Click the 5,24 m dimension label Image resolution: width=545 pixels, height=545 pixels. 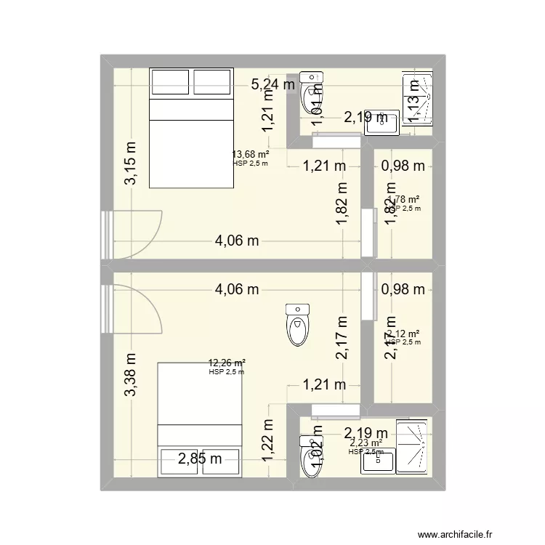point(273,85)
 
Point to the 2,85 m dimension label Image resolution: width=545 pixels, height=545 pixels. point(200,458)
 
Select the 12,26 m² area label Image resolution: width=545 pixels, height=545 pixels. point(226,363)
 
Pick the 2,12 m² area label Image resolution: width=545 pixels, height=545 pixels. point(404,334)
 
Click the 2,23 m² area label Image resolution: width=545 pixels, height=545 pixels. point(366,443)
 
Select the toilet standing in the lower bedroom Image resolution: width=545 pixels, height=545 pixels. point(297,324)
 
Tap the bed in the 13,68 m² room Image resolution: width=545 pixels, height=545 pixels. point(191,128)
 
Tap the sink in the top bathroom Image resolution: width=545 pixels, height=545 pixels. point(381,123)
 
